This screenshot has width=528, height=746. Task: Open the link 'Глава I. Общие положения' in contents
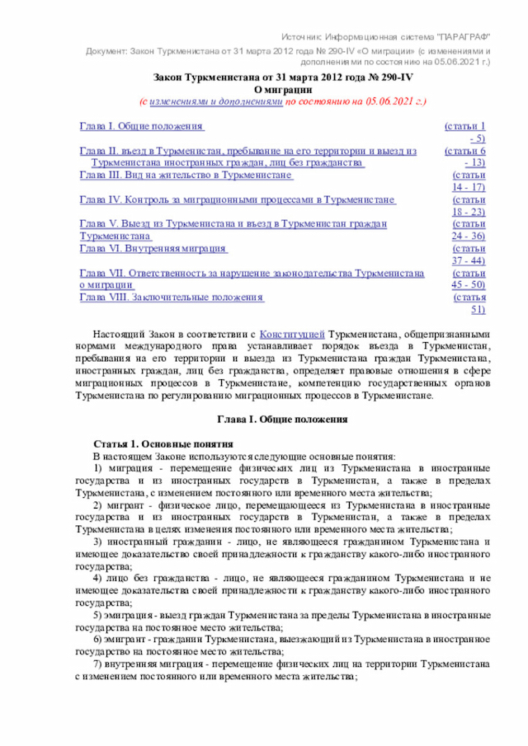coord(141,127)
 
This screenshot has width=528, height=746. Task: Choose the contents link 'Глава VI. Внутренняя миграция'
coord(153,248)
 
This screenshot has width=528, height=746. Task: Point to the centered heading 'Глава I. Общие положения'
coord(282,419)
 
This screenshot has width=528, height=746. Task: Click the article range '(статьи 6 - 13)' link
coord(464,157)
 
